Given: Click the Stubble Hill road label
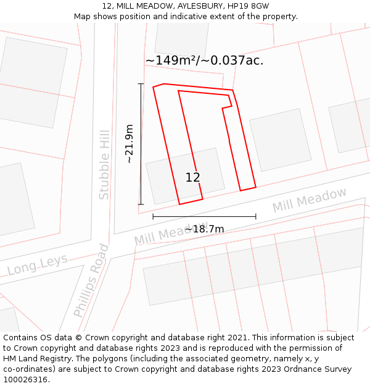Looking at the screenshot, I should point(104,164).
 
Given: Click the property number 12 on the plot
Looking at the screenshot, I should point(192,178).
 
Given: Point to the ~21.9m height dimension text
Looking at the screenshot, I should point(129,144).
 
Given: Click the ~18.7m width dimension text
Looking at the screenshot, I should point(204,229).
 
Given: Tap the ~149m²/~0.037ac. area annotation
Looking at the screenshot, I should point(204,61).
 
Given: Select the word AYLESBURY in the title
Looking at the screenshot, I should point(198,6).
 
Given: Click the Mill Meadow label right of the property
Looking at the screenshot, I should point(310,200).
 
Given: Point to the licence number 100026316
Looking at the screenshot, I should point(26,380).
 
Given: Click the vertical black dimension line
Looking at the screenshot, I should point(141,144).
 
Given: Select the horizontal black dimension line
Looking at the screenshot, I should point(204,217).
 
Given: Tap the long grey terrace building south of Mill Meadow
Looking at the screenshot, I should point(253,266).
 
